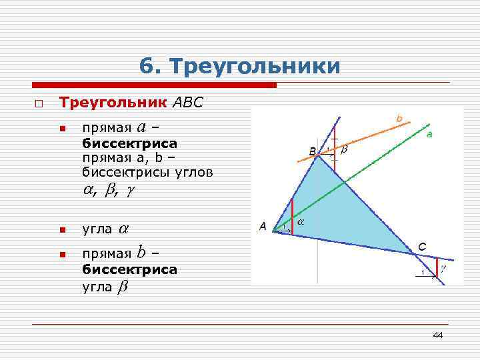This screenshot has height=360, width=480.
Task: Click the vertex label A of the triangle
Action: [263, 227]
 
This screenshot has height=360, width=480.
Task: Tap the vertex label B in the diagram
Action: [313, 152]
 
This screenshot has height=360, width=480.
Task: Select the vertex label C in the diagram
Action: [422, 247]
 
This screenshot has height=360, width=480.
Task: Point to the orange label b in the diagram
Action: [399, 119]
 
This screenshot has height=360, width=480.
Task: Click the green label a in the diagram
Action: [429, 134]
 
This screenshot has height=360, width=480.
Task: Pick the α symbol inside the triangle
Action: [300, 221]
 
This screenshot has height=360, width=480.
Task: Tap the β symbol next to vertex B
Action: [344, 151]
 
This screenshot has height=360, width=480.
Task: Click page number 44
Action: [437, 335]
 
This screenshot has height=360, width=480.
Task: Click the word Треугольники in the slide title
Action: [255, 67]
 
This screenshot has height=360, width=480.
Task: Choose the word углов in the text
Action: [195, 173]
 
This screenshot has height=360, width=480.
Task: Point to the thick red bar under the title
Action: [154, 85]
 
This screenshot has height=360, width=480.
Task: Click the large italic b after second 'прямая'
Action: [141, 253]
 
